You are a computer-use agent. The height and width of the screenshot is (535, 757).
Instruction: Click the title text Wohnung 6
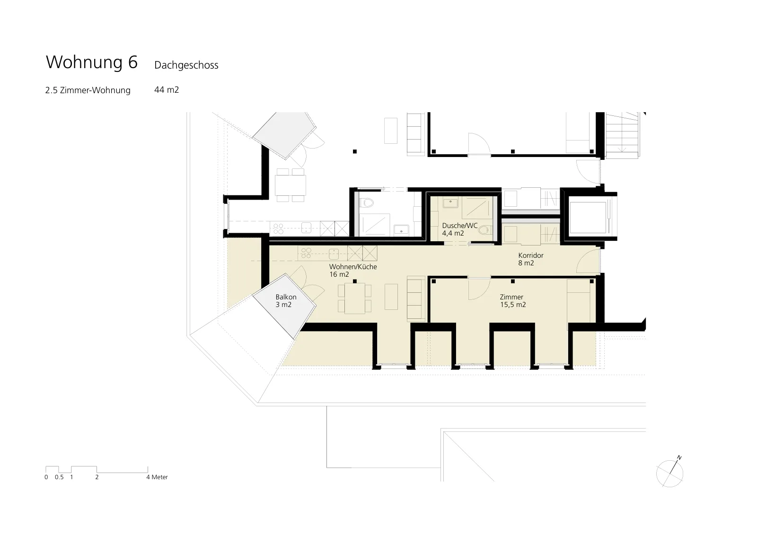pyautogui.click(x=92, y=62)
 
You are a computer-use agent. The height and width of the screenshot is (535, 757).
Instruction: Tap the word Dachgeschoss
pyautogui.click(x=186, y=65)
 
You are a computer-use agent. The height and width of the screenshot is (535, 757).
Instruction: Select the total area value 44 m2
pyautogui.click(x=167, y=89)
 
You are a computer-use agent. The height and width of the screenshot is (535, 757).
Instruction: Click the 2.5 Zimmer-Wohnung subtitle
pyautogui.click(x=88, y=90)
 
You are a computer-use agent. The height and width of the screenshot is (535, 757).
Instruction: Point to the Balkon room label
pyautogui.click(x=286, y=297)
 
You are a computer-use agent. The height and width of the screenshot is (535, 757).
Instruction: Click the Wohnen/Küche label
pyautogui.click(x=353, y=267)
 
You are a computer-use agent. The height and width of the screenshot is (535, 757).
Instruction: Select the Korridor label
pyautogui.click(x=531, y=255)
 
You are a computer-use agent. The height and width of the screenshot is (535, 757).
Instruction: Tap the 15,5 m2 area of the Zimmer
pyautogui.click(x=513, y=305)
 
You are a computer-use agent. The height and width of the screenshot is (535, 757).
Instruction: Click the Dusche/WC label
pyautogui.click(x=460, y=226)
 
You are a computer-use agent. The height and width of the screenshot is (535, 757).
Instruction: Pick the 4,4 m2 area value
pyautogui.click(x=453, y=233)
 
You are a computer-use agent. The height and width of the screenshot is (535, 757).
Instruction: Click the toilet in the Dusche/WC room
pyautogui.click(x=485, y=230)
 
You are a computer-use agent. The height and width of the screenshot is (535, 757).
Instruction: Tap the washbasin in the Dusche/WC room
pyautogui.click(x=450, y=203)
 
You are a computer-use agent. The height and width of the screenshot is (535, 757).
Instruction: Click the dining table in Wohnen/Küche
pyautogui.click(x=355, y=298)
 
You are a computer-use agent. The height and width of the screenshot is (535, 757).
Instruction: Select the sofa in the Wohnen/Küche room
pyautogui.click(x=416, y=298)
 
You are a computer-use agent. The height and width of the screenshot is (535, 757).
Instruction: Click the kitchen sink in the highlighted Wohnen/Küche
pyautogui.click(x=334, y=254)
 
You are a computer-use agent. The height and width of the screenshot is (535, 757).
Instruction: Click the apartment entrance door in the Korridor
pyautogui.click(x=589, y=260)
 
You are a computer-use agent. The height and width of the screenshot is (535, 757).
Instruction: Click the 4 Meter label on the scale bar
pyautogui.click(x=157, y=477)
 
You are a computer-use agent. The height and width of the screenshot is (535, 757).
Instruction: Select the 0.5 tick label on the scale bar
pyautogui.click(x=59, y=477)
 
